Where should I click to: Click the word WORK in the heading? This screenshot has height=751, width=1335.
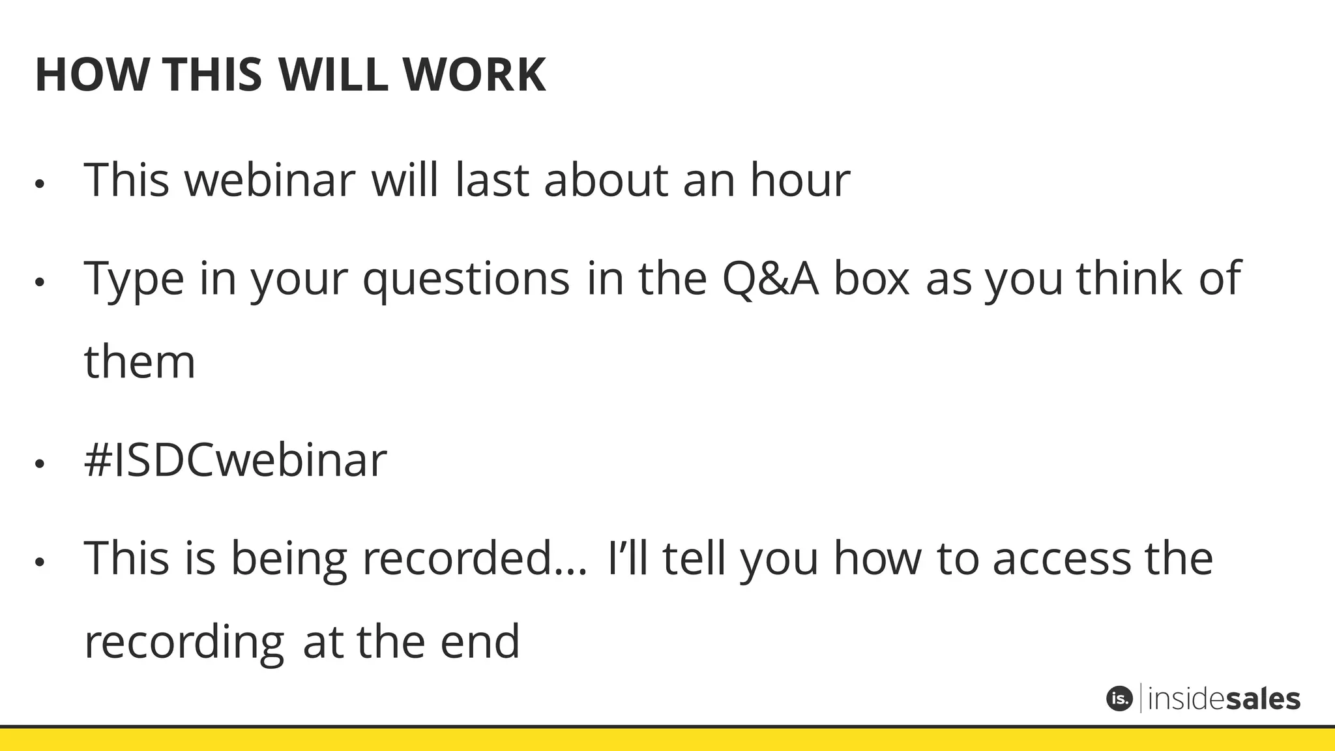474,75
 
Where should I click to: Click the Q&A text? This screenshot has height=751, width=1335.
770,279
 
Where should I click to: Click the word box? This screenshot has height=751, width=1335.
872,279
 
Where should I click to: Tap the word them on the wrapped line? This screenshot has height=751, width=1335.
139,362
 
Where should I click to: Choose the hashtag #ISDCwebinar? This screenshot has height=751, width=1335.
235,461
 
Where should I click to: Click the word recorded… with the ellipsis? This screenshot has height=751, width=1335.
475,559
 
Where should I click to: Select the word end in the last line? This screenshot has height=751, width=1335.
480,642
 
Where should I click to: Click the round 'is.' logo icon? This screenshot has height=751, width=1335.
1119,699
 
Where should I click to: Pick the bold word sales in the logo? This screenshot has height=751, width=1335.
1263,699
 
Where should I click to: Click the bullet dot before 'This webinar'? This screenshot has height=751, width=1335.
40,184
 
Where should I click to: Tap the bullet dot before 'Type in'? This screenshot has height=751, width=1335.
40,282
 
